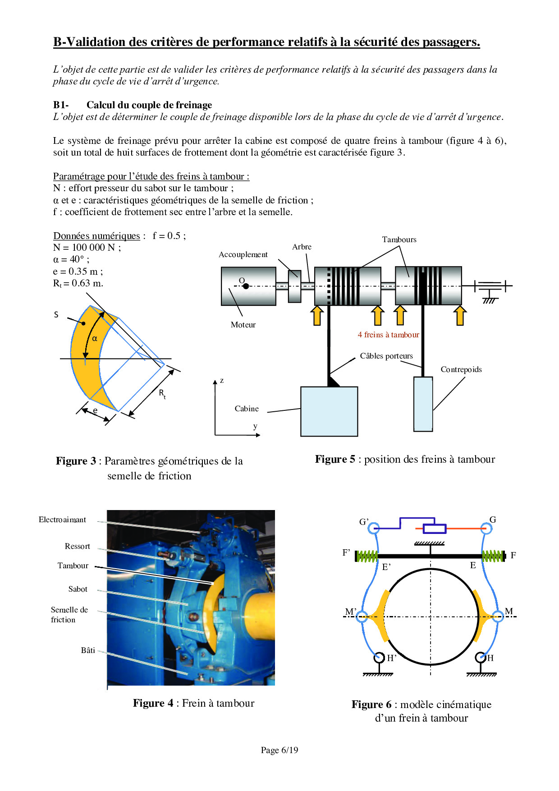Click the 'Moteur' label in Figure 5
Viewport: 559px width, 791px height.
[243, 325]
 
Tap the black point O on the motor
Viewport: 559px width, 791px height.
[246, 286]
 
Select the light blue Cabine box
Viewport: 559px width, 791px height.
[329, 411]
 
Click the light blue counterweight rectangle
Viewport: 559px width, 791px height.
[423, 404]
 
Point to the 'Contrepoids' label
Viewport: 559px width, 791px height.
[461, 369]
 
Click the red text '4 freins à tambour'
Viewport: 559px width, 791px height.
[388, 335]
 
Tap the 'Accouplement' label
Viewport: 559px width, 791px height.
[243, 254]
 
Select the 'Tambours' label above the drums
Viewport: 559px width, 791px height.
[399, 239]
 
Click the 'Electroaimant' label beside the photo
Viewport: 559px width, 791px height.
[62, 520]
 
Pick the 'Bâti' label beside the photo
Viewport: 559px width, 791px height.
[88, 650]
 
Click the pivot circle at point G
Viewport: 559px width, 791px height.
[486, 528]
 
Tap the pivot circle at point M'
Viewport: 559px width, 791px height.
[362, 616]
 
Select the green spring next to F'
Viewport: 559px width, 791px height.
[367, 556]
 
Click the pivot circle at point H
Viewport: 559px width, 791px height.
[481, 658]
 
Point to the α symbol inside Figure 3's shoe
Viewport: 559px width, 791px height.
[95, 338]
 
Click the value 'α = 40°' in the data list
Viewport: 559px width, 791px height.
[71, 259]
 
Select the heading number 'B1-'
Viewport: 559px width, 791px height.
[61, 105]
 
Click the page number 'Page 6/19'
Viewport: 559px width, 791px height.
[279, 750]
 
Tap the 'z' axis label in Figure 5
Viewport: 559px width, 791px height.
[222, 381]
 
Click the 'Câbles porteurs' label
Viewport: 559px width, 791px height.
[386, 356]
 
